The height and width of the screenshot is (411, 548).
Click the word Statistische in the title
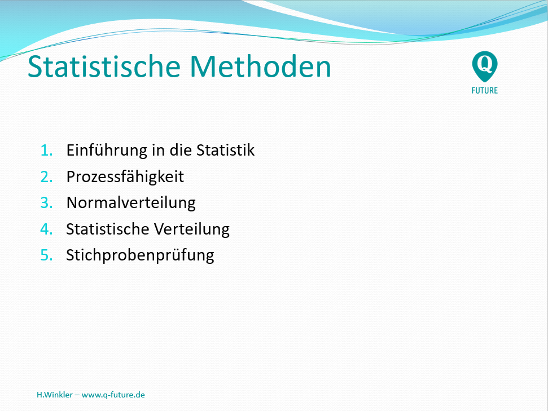[x=104, y=67]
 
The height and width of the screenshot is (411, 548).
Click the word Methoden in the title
[x=260, y=67]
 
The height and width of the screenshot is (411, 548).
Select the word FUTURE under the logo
[x=485, y=90]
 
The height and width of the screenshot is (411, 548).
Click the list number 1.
[x=46, y=151]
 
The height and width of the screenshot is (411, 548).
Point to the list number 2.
[x=46, y=176]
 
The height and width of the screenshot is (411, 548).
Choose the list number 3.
[x=46, y=203]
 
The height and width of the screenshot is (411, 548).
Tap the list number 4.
[x=46, y=229]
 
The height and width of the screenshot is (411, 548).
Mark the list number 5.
[x=46, y=255]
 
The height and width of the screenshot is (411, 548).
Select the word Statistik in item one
[x=225, y=150]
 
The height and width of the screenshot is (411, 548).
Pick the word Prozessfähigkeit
[x=125, y=176]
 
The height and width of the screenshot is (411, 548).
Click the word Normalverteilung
[x=131, y=203]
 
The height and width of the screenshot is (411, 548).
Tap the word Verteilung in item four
[x=192, y=229]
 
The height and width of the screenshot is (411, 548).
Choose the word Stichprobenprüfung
[x=140, y=255]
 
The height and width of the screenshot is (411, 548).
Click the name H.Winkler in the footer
[x=55, y=395]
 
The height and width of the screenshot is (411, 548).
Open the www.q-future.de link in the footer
[x=113, y=395]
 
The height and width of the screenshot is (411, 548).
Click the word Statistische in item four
[x=108, y=229]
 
